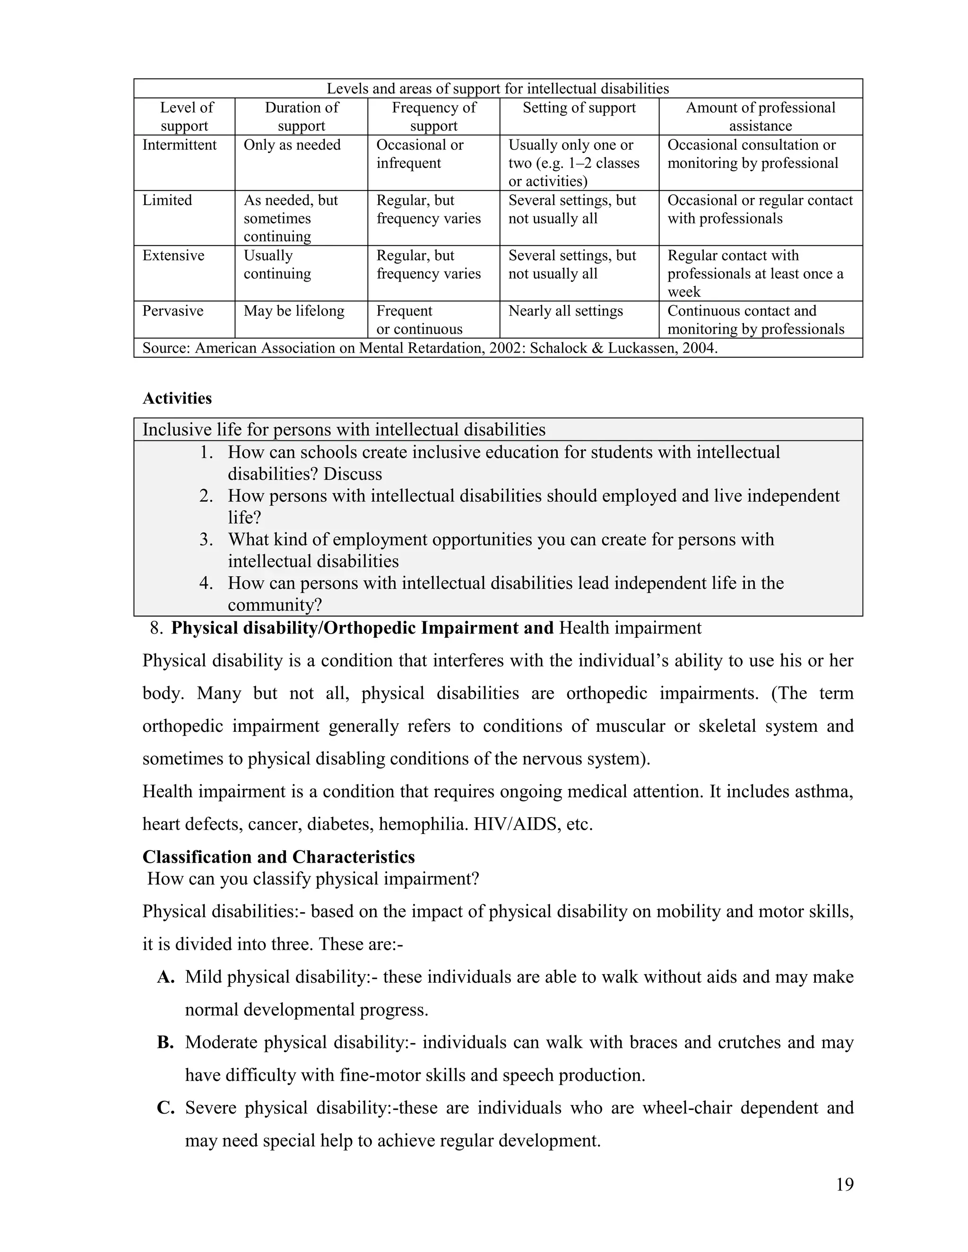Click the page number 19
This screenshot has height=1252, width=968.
click(844, 1184)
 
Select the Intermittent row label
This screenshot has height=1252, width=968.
click(180, 145)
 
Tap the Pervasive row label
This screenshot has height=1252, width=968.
click(173, 311)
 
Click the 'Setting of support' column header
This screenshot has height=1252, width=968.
click(579, 108)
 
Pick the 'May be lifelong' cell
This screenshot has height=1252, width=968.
click(294, 311)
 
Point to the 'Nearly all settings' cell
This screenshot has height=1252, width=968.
click(565, 311)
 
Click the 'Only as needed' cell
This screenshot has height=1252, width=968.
click(292, 145)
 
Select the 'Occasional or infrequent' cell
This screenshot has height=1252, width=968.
click(419, 154)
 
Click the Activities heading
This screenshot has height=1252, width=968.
click(177, 398)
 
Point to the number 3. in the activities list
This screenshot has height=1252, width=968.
click(206, 540)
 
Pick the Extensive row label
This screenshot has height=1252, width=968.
click(173, 256)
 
